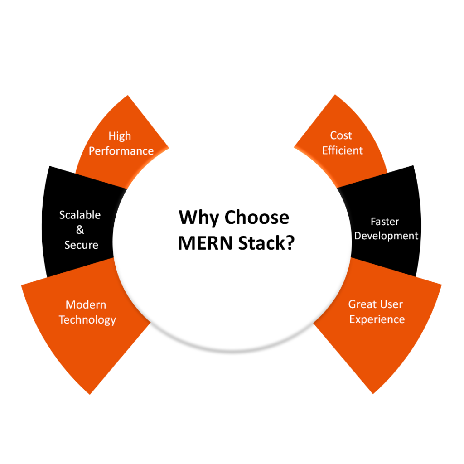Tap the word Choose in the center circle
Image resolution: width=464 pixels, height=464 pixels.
(x=257, y=217)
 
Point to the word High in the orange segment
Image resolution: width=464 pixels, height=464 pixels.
(x=120, y=136)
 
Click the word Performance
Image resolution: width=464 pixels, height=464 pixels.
(x=121, y=151)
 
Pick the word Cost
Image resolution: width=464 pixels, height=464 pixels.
(x=341, y=135)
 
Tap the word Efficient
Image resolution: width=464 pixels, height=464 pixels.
(x=343, y=150)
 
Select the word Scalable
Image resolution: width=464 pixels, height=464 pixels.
(x=80, y=215)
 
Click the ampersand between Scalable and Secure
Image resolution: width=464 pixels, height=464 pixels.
(x=80, y=230)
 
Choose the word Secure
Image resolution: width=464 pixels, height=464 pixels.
(x=81, y=245)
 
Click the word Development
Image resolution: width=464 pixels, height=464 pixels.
(x=387, y=236)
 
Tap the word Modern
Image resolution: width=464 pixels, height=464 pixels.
(x=86, y=304)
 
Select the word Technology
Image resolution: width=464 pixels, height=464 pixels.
(x=87, y=320)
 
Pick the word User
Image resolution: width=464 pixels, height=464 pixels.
(x=391, y=304)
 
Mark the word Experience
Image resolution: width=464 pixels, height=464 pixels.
(x=377, y=319)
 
